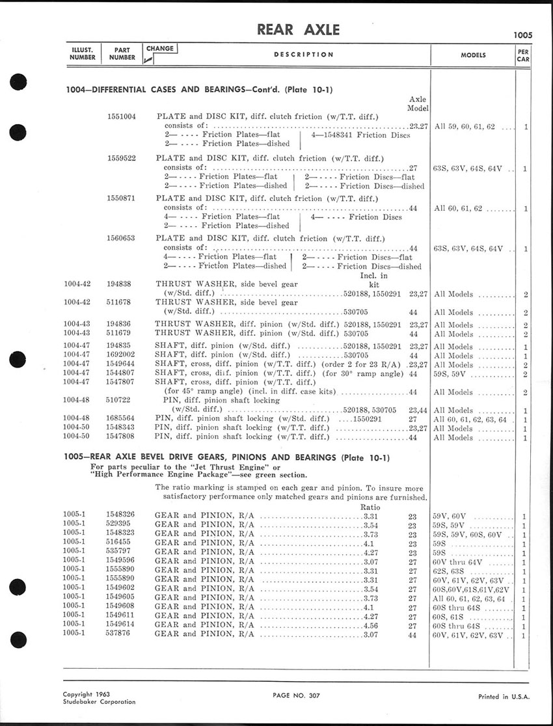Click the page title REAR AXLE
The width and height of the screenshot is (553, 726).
[299, 30]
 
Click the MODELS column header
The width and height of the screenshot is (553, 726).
[473, 55]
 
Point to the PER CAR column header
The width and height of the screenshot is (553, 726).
[523, 55]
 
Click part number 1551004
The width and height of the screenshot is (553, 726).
[121, 116]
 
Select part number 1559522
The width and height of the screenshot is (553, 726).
[121, 158]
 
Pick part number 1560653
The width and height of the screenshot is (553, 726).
[121, 239]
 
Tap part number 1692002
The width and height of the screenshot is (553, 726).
[121, 356]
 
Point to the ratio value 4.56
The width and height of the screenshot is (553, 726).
[371, 625]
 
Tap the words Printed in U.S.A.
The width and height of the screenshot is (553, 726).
[504, 697]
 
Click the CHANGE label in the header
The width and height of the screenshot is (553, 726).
[160, 49]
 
